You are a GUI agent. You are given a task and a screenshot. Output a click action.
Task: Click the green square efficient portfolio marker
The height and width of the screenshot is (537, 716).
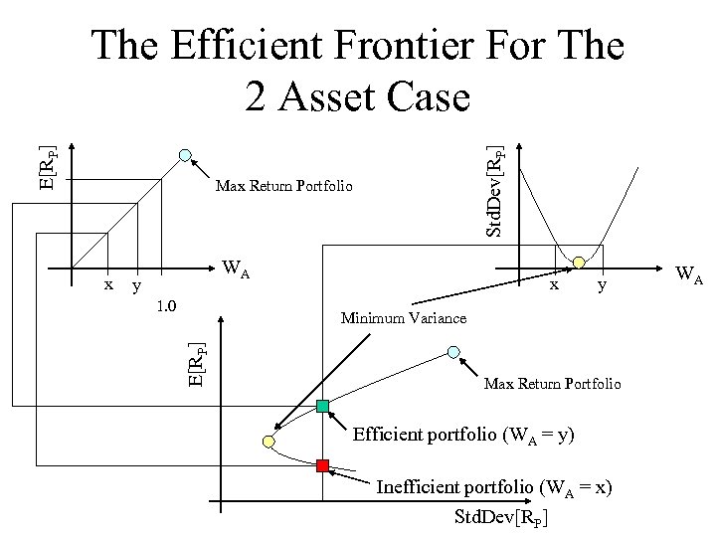pos(322,406)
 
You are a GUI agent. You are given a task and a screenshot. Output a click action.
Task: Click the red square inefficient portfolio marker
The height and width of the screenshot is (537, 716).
pos(322,465)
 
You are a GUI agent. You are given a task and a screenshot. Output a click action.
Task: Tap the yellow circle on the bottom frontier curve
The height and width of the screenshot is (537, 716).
pos(268,440)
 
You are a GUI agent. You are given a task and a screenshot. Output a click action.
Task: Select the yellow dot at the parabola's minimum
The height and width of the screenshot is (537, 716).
pos(578,263)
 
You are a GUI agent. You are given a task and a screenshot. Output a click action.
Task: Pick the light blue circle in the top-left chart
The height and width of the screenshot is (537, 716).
pos(185,154)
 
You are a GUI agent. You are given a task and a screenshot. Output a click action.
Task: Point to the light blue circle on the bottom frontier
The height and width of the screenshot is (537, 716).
pos(453,352)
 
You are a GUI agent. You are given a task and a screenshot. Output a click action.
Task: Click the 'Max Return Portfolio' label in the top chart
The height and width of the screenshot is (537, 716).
pos(283,186)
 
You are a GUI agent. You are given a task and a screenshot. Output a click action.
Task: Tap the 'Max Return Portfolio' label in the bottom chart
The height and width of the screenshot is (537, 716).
pos(552,383)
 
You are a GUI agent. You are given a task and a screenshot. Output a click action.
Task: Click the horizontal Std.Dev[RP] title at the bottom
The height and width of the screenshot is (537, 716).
pos(501,517)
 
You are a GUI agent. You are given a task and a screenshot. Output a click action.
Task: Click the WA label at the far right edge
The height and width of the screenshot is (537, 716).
pos(689,272)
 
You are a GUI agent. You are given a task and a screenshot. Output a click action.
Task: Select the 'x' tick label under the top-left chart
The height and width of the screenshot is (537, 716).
pos(108,283)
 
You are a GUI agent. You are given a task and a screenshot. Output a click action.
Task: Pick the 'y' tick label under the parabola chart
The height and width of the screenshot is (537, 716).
pos(600,287)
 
